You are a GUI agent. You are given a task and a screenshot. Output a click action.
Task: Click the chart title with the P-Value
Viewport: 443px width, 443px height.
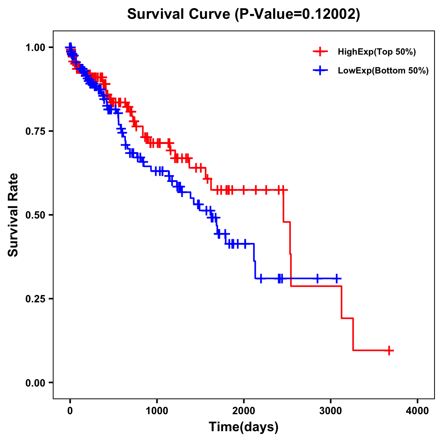tap(243, 14)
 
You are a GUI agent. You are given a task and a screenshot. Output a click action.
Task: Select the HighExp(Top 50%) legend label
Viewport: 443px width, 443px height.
tap(377, 52)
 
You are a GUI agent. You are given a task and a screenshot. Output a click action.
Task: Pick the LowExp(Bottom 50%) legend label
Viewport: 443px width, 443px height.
tap(383, 71)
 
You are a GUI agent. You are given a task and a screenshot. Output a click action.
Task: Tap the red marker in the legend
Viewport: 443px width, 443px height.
tap(320, 52)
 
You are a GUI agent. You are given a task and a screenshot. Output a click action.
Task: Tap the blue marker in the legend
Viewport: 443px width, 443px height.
tap(320, 71)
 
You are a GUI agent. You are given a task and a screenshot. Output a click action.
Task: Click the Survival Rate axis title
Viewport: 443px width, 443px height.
tap(13, 215)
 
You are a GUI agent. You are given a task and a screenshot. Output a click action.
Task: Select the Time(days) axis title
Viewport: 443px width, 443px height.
tap(244, 427)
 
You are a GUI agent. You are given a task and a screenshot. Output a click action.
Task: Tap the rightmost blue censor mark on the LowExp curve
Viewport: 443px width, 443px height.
tap(337, 278)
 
